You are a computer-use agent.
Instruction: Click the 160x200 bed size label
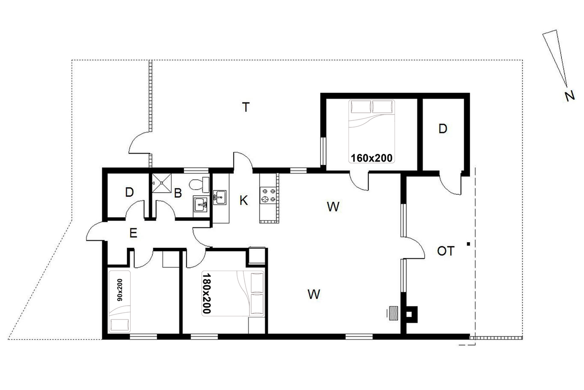point(372,158)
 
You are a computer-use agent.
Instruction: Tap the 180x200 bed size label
point(206,293)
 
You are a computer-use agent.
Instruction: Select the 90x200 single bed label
point(120,290)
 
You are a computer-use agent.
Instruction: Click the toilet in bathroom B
point(199,184)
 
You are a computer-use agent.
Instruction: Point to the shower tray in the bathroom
point(162,183)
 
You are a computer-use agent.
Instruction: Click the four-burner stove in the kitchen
point(268,195)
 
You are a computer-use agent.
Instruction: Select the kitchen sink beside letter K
point(220,197)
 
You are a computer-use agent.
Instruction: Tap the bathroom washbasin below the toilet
point(201,204)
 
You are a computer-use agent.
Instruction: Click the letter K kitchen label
point(244,200)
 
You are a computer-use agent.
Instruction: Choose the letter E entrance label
point(133,233)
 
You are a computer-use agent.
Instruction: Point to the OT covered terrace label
point(446,251)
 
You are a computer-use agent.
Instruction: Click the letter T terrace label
point(246,107)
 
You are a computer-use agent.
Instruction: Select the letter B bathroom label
point(178,193)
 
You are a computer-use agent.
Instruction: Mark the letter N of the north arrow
point(570,96)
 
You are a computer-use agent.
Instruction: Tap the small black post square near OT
point(469,244)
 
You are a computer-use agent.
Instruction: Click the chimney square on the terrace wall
point(411,314)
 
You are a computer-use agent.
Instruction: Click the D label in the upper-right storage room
point(442,129)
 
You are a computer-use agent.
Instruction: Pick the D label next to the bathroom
point(129,192)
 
